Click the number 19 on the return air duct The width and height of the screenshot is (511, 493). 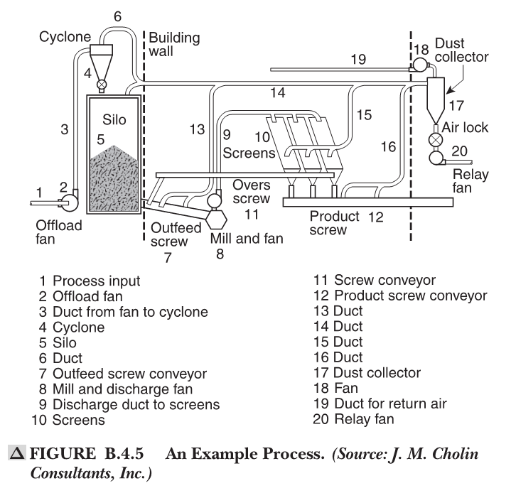coord(359,59)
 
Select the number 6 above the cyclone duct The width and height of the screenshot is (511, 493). coord(117,15)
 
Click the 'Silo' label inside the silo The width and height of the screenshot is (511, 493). coord(113,120)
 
